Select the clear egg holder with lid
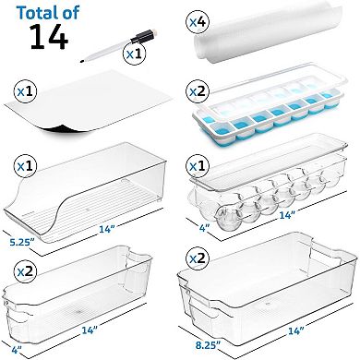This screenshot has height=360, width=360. [x=272, y=186]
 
